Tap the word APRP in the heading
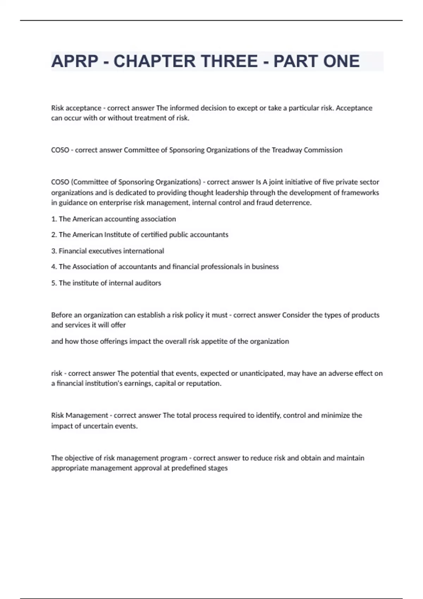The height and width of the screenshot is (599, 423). (75, 61)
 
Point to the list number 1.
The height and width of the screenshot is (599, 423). (54, 219)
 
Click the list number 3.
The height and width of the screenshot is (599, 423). (54, 251)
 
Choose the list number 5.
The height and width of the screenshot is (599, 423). (54, 283)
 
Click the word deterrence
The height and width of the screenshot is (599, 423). (295, 203)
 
